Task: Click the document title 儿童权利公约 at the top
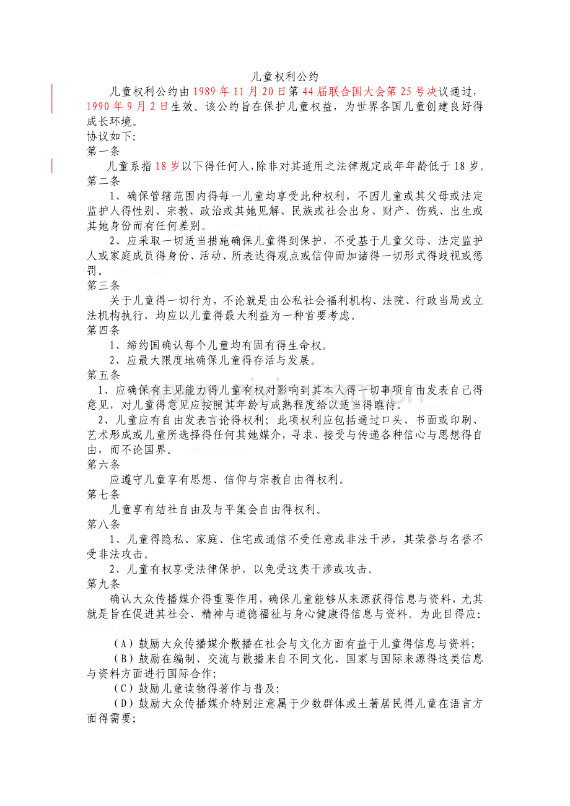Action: (x=285, y=77)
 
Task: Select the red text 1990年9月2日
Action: (x=127, y=106)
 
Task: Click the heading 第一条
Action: (x=103, y=151)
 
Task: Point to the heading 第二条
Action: (x=103, y=181)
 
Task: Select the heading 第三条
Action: (x=103, y=285)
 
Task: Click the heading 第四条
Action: (x=103, y=330)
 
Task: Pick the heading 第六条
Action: (x=103, y=464)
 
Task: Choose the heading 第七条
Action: (x=103, y=494)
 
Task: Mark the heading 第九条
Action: (x=103, y=583)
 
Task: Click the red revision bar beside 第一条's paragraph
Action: (x=52, y=166)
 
